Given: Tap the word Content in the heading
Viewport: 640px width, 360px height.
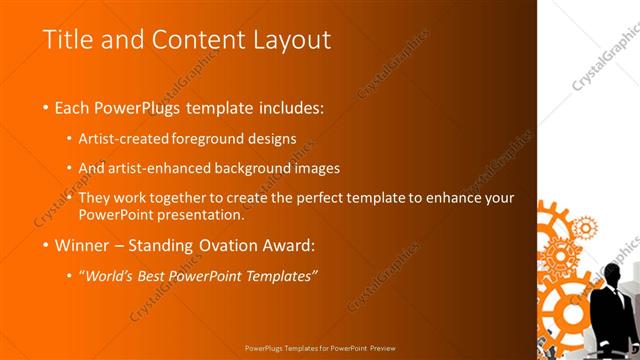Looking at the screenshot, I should pos(186,40).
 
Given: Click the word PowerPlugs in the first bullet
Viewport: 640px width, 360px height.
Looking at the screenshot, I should pos(140,107).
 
